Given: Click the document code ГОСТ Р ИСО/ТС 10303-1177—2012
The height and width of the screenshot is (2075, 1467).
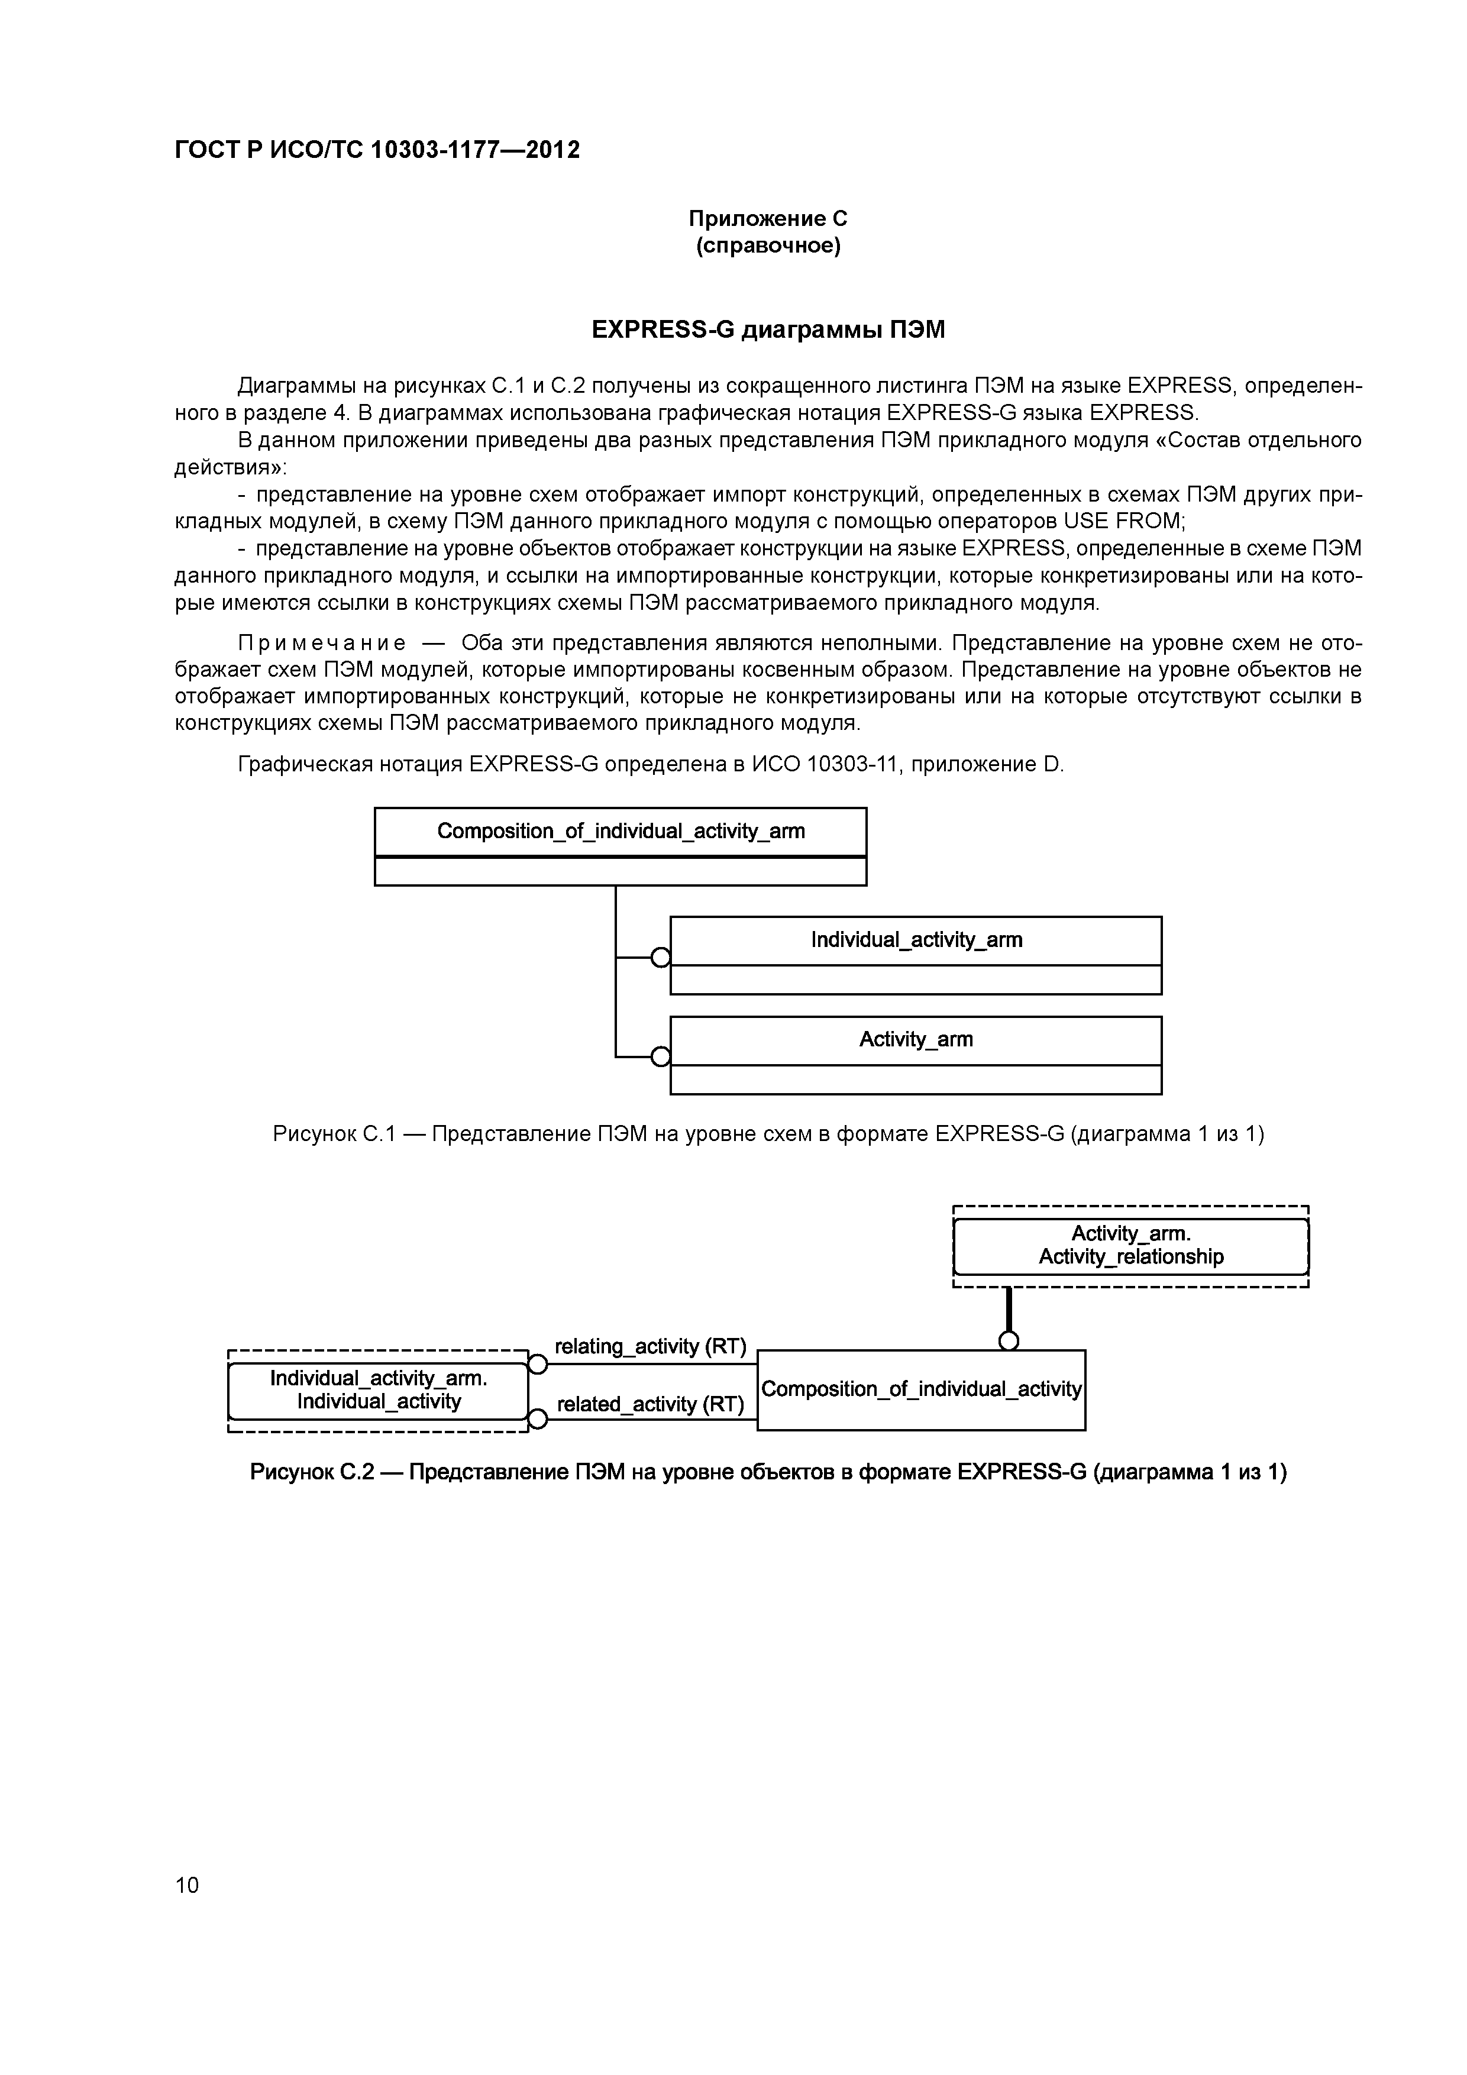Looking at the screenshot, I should pyautogui.click(x=377, y=149).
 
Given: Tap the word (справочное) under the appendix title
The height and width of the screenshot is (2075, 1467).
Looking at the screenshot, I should pyautogui.click(x=767, y=246).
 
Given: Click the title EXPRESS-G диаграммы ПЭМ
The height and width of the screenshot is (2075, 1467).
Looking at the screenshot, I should pyautogui.click(x=767, y=330).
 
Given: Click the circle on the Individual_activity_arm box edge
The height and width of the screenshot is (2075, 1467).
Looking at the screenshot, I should pyautogui.click(x=661, y=957).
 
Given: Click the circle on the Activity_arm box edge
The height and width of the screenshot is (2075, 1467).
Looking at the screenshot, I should pyautogui.click(x=661, y=1056).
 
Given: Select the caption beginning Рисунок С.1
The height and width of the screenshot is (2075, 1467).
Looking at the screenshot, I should pyautogui.click(x=767, y=1133).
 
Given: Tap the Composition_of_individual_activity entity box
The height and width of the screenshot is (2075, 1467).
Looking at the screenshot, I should pyautogui.click(x=920, y=1389).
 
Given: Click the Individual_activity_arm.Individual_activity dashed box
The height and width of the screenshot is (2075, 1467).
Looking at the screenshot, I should pyautogui.click(x=378, y=1390).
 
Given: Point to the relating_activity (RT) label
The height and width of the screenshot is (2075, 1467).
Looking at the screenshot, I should pyautogui.click(x=650, y=1347).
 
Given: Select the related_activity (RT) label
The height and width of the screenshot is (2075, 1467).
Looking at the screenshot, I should pyautogui.click(x=650, y=1404).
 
